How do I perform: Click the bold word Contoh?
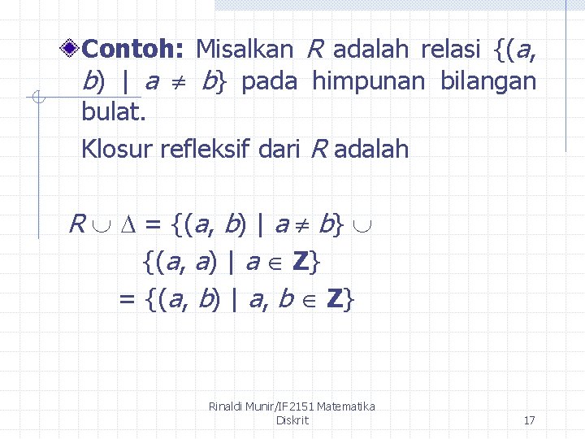133,50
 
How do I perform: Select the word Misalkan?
244,50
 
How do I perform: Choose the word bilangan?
488,81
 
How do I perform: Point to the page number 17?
529,420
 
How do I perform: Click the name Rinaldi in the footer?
232,406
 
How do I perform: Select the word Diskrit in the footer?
292,420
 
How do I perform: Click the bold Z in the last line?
334,300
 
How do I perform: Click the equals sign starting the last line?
127,300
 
